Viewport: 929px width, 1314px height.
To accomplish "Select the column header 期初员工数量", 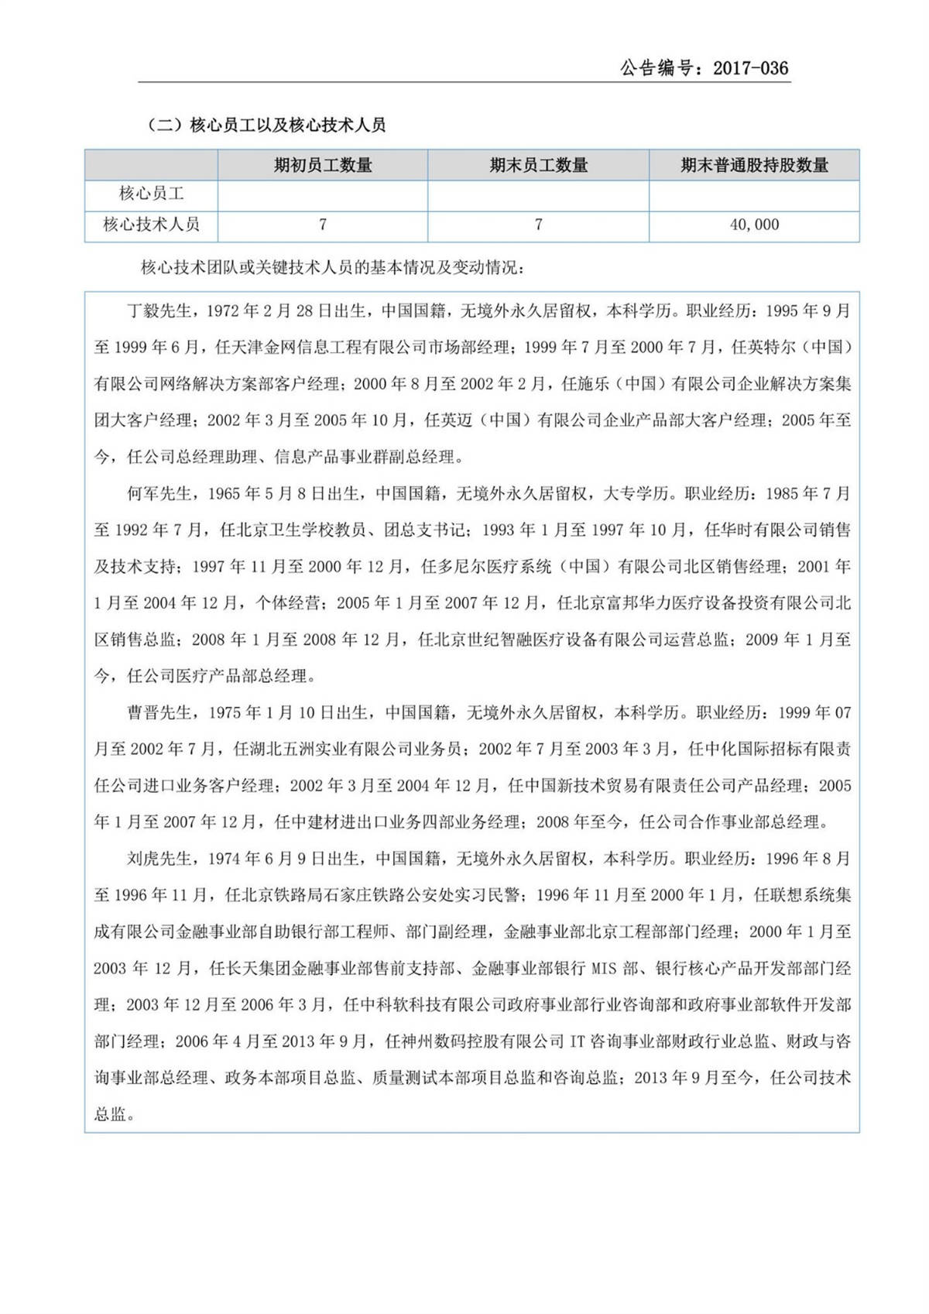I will (323, 165).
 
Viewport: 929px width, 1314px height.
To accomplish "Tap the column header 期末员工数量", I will (538, 165).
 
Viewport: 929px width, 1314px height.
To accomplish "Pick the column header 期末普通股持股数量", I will (754, 165).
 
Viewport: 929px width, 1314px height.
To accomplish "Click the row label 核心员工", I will (151, 194).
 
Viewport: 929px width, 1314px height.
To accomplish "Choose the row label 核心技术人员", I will (151, 225).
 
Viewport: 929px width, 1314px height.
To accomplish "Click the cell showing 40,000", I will (754, 225).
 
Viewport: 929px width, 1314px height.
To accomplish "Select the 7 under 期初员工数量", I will (323, 225).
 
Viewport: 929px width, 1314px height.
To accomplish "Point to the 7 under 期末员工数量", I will (538, 225).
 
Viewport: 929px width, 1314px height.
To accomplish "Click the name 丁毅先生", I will (159, 311).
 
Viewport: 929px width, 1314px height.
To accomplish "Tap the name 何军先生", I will (159, 493).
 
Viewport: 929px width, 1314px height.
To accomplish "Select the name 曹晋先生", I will (159, 712).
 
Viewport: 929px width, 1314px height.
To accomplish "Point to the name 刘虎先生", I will (159, 859).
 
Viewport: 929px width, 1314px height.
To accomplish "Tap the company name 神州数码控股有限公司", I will (483, 1041).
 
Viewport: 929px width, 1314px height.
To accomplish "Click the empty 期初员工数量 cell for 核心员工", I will (323, 194).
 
